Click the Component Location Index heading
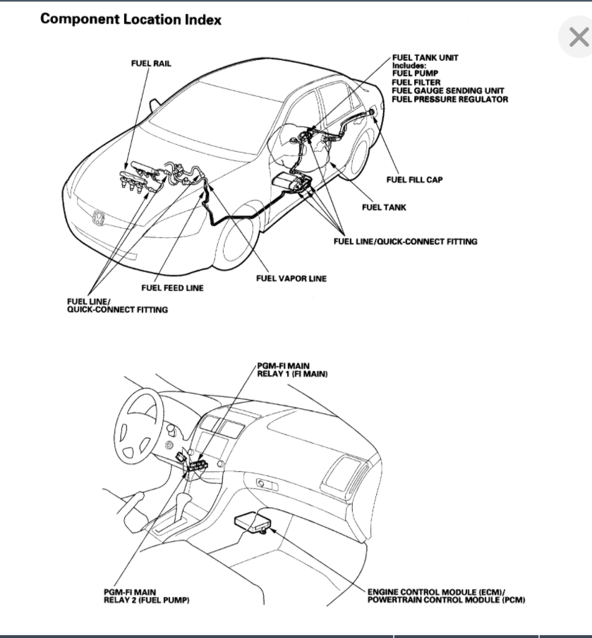click(x=131, y=19)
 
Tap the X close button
click(x=578, y=37)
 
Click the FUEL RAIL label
click(x=151, y=64)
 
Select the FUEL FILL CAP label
click(x=414, y=179)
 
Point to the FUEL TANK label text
click(x=384, y=208)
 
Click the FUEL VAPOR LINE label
click(x=291, y=278)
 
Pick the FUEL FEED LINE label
click(x=172, y=288)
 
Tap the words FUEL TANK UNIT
click(x=425, y=57)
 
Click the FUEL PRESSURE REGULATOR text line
click(x=449, y=100)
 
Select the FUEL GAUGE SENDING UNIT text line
click(x=448, y=91)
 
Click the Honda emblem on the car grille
click(x=98, y=217)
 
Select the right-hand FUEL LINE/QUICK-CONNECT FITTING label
click(x=405, y=242)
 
